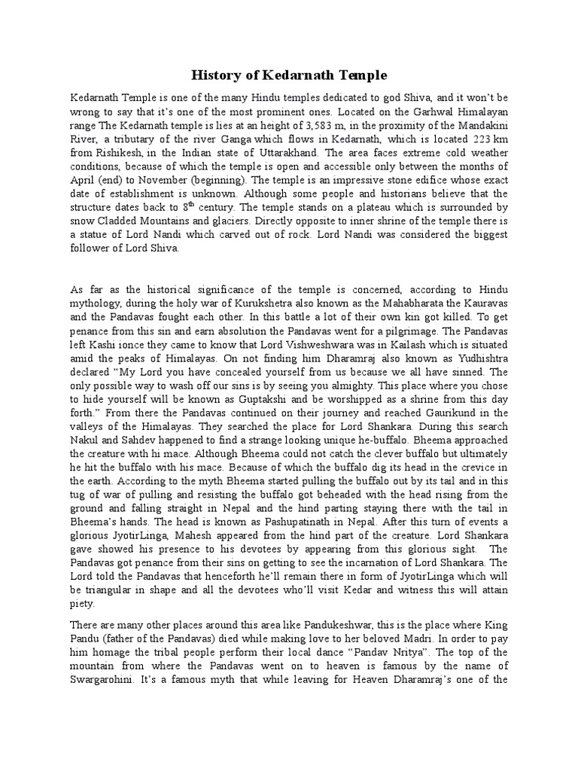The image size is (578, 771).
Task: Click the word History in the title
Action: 214,75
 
